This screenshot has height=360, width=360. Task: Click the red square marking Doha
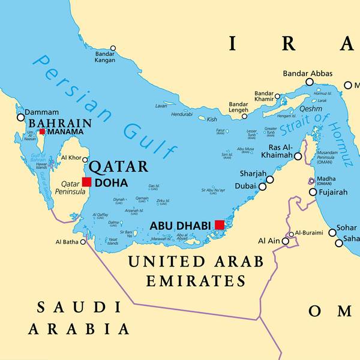(x=87, y=182)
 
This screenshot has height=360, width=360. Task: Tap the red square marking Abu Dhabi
(x=220, y=224)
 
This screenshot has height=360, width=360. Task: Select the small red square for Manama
(x=42, y=131)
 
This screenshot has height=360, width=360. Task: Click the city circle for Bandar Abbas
(x=310, y=82)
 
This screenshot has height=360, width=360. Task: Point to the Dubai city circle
(x=262, y=187)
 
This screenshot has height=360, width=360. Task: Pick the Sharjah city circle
(x=270, y=179)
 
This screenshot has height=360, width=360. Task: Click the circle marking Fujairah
(x=313, y=192)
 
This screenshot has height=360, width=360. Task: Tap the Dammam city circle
(x=21, y=118)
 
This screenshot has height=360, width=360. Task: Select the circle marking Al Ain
(x=286, y=241)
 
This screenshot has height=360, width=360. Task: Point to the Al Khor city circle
(x=85, y=159)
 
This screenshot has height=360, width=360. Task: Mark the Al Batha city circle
(x=83, y=242)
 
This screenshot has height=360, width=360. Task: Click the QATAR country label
(x=118, y=166)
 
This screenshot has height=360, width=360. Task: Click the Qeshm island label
(x=295, y=109)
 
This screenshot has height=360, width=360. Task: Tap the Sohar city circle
(x=332, y=232)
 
